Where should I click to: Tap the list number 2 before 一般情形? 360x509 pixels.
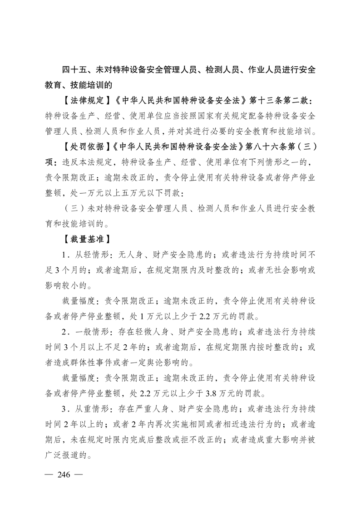pyautogui.click(x=64, y=331)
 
